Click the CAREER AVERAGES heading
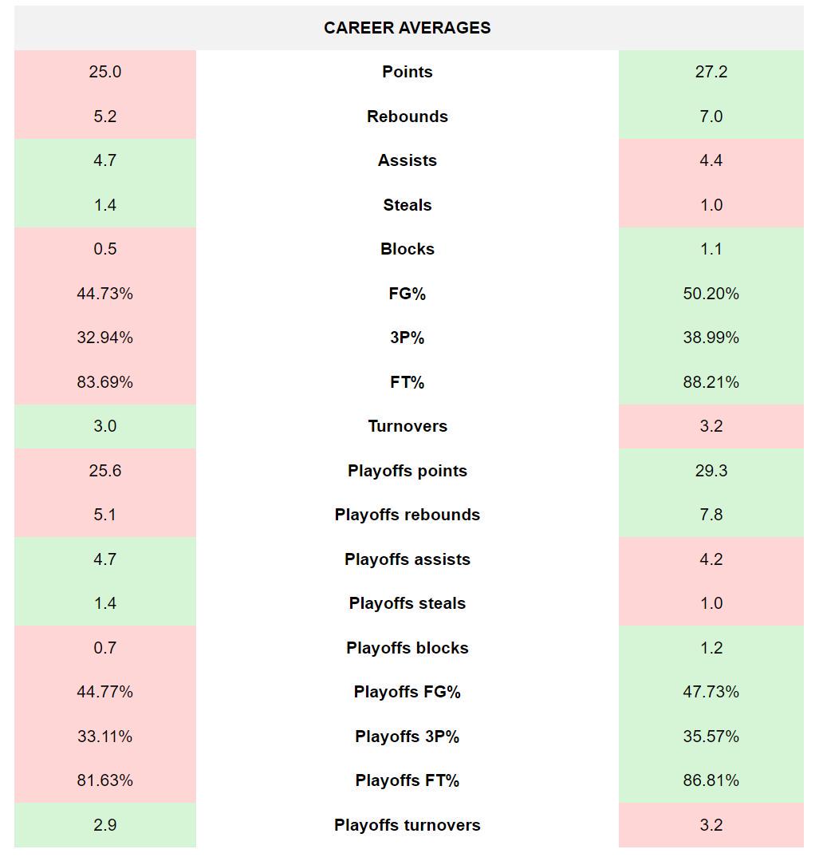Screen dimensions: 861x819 pos(407,28)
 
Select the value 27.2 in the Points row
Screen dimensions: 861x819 pos(711,72)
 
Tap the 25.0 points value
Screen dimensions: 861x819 pos(104,72)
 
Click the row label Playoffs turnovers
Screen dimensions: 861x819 pos(407,825)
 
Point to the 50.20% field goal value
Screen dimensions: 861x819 pos(711,294)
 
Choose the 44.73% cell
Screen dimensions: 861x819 pos(104,294)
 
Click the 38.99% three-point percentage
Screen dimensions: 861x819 pos(711,338)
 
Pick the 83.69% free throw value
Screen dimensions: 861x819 pos(104,382)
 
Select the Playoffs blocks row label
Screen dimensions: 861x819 pos(407,648)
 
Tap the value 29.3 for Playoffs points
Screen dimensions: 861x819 pos(711,471)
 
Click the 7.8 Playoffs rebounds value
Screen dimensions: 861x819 pos(711,515)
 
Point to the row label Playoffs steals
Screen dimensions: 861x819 pos(407,603)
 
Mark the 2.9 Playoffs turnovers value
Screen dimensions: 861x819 pos(104,825)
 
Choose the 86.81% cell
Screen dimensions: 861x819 pos(711,780)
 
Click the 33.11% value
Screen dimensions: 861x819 pos(104,737)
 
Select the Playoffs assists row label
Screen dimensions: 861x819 pos(407,559)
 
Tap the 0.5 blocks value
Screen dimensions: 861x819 pos(104,249)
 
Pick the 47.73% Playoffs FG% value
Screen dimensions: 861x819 pos(711,692)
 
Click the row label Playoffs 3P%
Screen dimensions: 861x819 pos(407,737)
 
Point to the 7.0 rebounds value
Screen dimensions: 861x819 pos(711,117)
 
